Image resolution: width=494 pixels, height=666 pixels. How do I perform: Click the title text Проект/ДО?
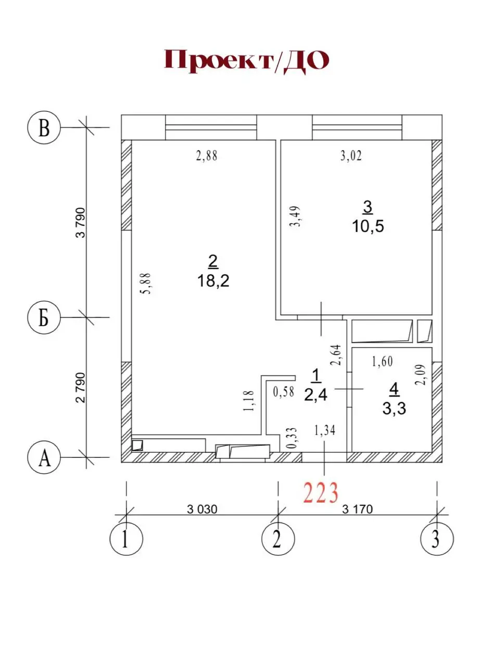[x=246, y=61]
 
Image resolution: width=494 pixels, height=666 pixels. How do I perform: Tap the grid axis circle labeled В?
[x=44, y=127]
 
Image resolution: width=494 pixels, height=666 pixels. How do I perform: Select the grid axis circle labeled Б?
[x=44, y=317]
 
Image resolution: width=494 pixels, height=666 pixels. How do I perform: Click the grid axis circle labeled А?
[x=44, y=457]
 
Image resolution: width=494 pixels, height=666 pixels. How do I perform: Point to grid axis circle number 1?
[x=126, y=539]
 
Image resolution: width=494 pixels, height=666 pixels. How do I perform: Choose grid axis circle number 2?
[x=278, y=539]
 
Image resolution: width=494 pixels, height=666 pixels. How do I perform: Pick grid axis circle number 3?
[x=437, y=539]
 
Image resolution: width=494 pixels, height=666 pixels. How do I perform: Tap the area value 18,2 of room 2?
[x=213, y=281]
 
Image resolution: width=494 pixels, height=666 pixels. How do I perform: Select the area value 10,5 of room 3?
[x=368, y=226]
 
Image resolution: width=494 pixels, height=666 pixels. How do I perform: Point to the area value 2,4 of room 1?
[x=315, y=395]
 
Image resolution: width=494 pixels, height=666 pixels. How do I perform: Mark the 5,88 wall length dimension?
[x=146, y=284]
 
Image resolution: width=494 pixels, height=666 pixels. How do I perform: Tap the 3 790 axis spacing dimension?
[x=80, y=223]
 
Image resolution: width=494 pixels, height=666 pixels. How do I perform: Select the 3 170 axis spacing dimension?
[x=357, y=509]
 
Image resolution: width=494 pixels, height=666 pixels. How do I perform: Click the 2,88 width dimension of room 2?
[x=207, y=156]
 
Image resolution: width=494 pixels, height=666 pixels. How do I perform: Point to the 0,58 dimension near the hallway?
[x=283, y=392]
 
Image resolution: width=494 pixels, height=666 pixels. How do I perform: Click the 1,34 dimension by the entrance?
[x=324, y=431]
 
